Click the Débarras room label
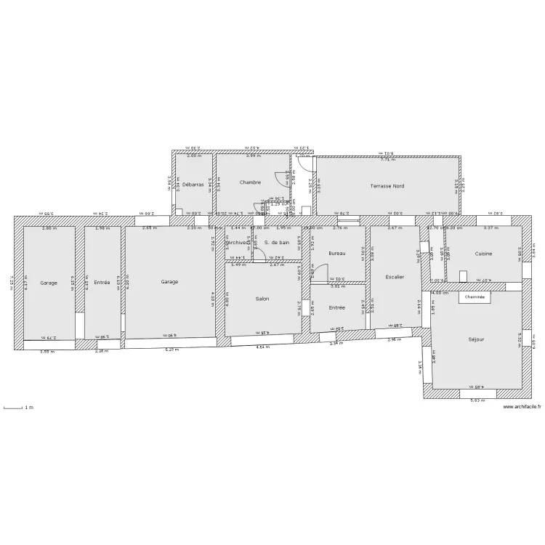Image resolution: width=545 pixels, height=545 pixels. (x=193, y=185)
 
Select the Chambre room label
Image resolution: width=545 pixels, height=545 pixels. (x=250, y=182)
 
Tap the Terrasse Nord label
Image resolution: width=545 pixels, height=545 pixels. (x=387, y=186)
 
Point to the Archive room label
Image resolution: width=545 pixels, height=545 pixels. (x=237, y=243)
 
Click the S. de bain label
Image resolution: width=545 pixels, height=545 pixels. (x=277, y=243)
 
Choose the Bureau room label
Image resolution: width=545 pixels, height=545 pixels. (x=337, y=253)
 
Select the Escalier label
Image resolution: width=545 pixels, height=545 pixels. (x=395, y=277)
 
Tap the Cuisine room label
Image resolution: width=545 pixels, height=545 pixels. (x=483, y=254)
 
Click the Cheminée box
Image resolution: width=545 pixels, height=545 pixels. (x=475, y=297)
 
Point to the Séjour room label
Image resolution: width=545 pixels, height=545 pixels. (x=477, y=339)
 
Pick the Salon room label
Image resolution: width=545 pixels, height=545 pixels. (x=262, y=299)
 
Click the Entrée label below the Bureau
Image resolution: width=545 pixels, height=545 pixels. (x=337, y=307)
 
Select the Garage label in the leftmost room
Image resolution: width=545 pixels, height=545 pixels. (x=49, y=283)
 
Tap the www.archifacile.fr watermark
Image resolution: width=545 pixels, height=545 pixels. (x=522, y=407)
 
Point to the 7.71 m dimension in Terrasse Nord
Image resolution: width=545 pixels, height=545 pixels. (x=387, y=158)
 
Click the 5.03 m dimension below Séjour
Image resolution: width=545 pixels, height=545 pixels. (x=477, y=400)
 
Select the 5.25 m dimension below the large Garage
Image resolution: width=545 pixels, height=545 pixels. (x=171, y=349)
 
